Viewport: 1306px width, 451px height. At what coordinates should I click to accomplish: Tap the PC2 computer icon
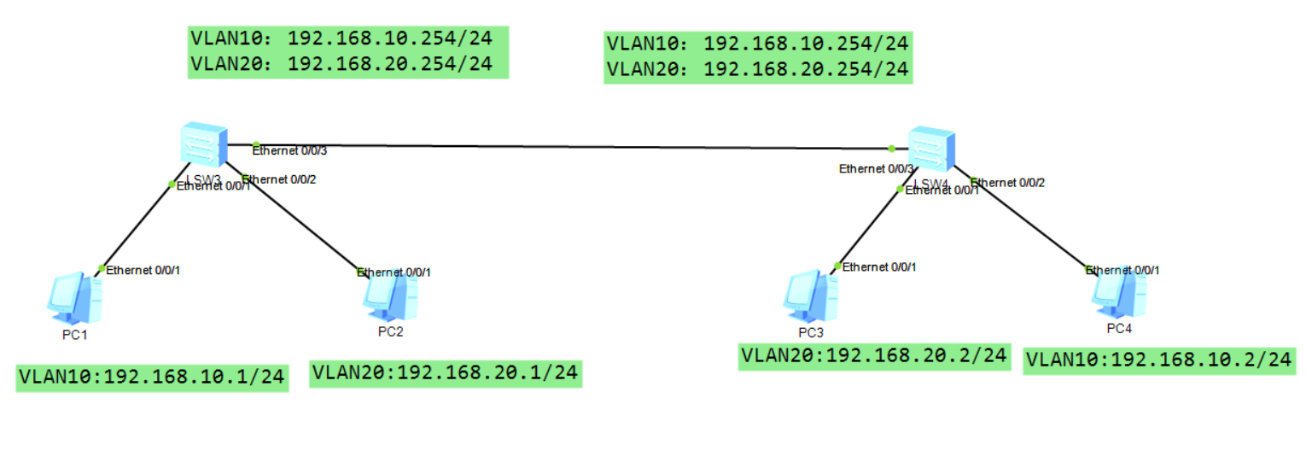coord(390,295)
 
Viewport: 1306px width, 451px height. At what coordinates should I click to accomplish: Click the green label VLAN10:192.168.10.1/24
coord(152,376)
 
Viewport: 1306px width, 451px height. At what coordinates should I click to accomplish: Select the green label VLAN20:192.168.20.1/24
coord(445,372)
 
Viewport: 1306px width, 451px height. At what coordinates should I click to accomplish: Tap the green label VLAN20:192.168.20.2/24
coord(873,355)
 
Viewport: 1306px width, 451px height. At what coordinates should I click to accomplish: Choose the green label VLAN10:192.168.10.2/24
coord(1159,360)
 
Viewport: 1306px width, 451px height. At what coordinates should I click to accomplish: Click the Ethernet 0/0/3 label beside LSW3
coord(289,150)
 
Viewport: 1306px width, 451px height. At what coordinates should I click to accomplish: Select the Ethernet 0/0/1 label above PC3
coord(879,267)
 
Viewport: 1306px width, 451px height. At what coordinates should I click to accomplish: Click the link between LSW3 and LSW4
coord(572,146)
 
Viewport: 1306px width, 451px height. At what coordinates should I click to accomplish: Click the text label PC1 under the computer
coord(74,334)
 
